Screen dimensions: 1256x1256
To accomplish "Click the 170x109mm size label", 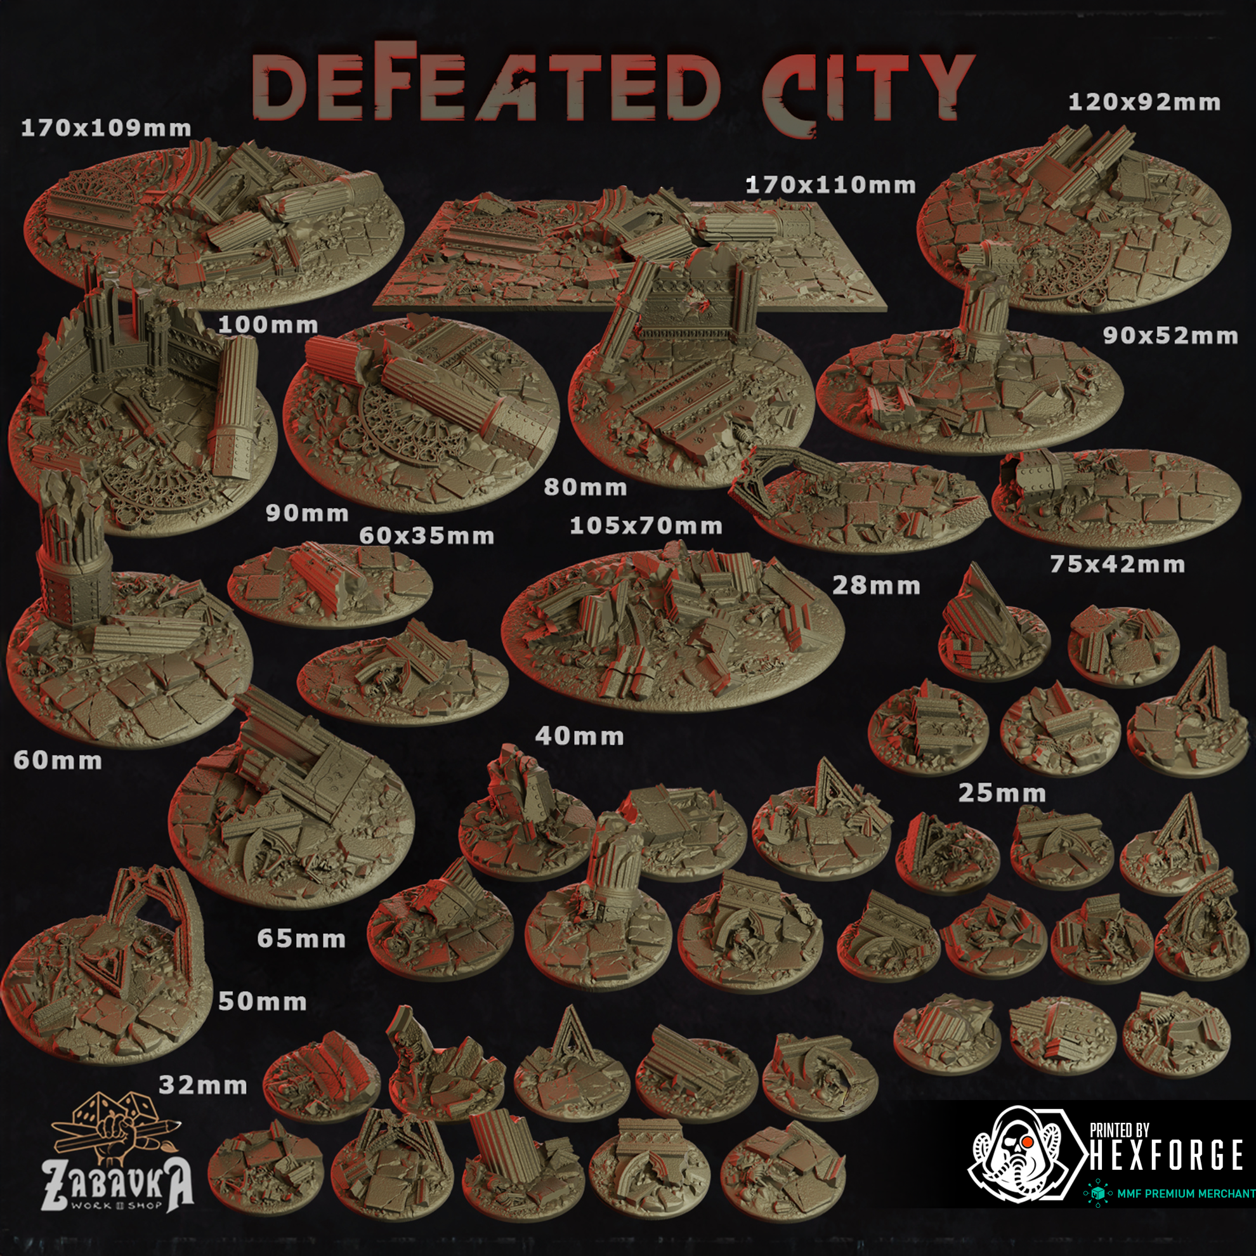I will [106, 128].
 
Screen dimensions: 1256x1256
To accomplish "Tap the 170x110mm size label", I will [830, 185].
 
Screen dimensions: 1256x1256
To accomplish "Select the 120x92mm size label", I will [1144, 102].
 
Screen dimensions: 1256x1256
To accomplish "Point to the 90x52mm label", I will [1170, 336].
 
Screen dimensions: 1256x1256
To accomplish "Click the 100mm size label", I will [268, 324].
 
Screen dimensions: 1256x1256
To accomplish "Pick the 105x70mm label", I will [646, 525].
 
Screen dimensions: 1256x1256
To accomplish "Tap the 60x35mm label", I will [426, 535].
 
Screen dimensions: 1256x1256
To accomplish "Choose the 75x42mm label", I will [1118, 564].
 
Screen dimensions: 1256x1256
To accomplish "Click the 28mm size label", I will [876, 585].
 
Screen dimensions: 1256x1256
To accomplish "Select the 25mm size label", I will [1002, 793].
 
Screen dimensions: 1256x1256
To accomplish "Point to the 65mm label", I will [301, 938].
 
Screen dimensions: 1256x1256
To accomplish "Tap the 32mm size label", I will [203, 1085].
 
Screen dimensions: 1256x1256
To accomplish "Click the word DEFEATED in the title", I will [485, 84].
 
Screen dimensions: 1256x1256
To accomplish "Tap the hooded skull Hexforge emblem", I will [1021, 1154].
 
